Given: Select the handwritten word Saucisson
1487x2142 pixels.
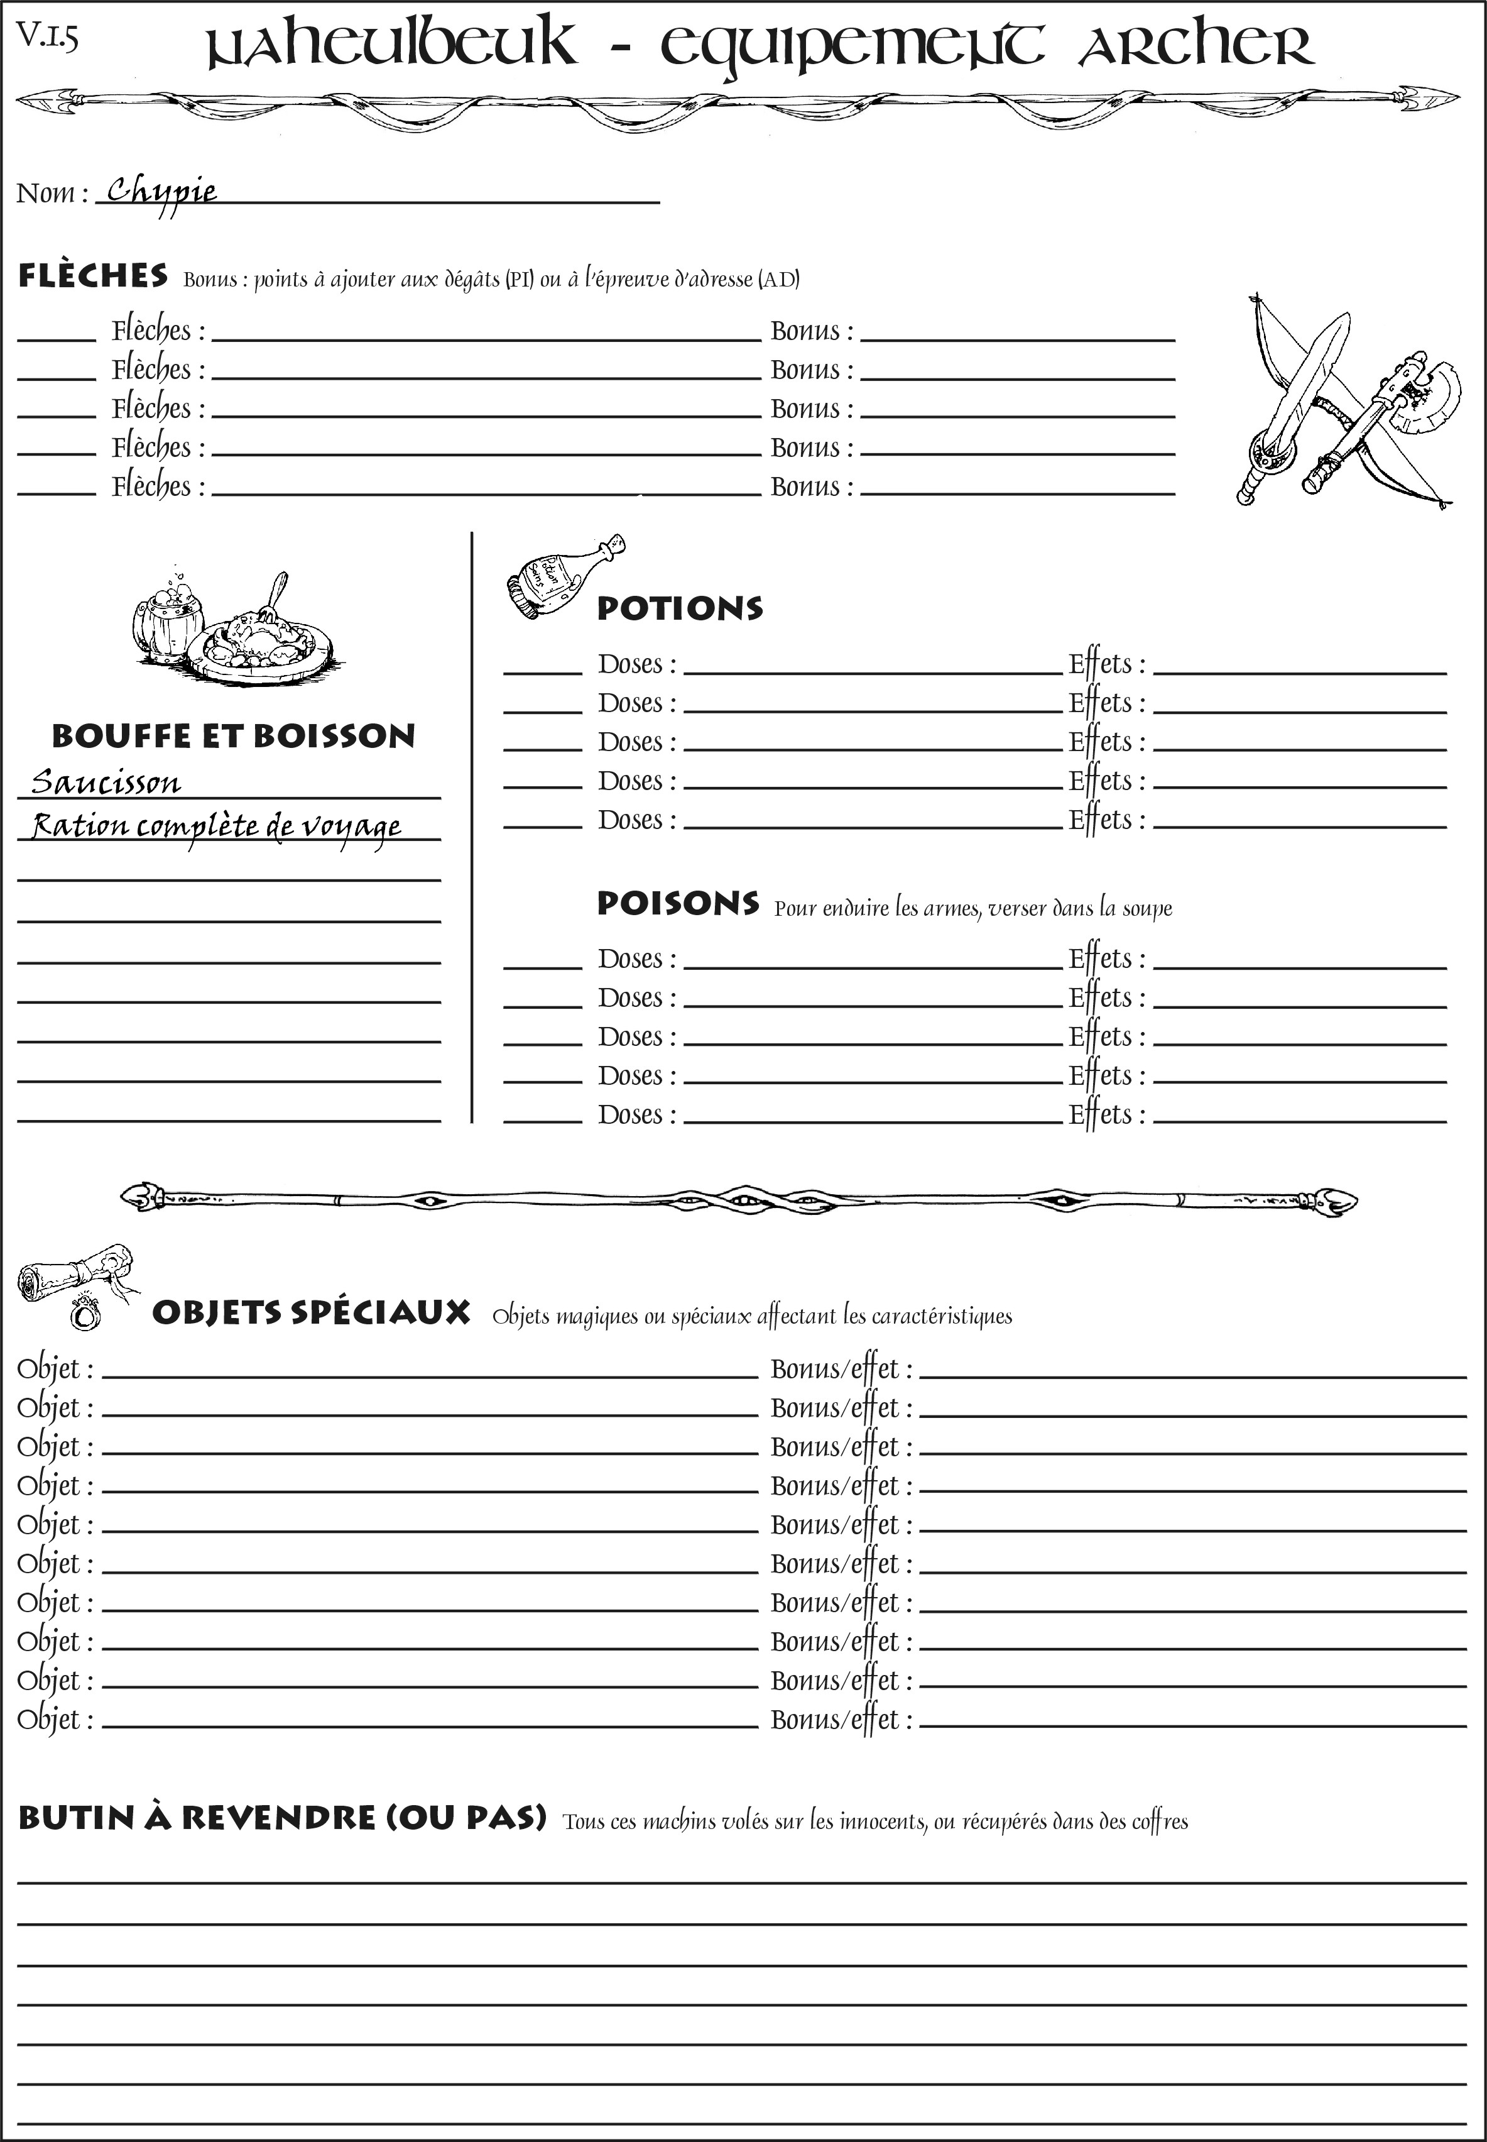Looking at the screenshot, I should coord(106,782).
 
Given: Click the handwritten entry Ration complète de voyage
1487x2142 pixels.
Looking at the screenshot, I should coord(216,827).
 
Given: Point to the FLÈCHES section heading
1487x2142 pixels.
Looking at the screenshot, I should coord(93,276).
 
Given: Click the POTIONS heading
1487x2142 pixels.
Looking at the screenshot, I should coord(679,608).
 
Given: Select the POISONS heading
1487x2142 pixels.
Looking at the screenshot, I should coord(677,903).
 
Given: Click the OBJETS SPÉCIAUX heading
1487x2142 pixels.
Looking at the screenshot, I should coord(310,1312).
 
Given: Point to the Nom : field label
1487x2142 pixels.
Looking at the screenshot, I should coord(52,194).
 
